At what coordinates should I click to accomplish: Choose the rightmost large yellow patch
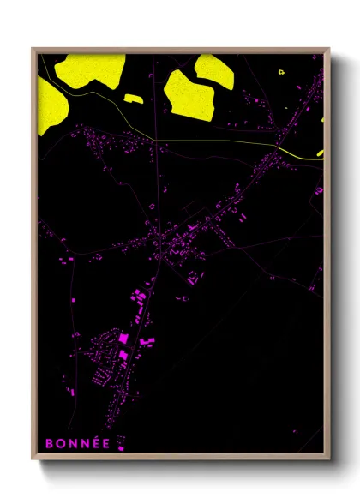click(x=214, y=70)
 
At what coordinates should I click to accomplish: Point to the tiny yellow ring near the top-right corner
click(x=283, y=72)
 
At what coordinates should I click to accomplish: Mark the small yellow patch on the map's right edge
click(x=321, y=153)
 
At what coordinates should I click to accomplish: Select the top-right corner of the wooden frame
click(x=329, y=49)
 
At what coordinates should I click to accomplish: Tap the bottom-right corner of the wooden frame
click(x=329, y=461)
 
